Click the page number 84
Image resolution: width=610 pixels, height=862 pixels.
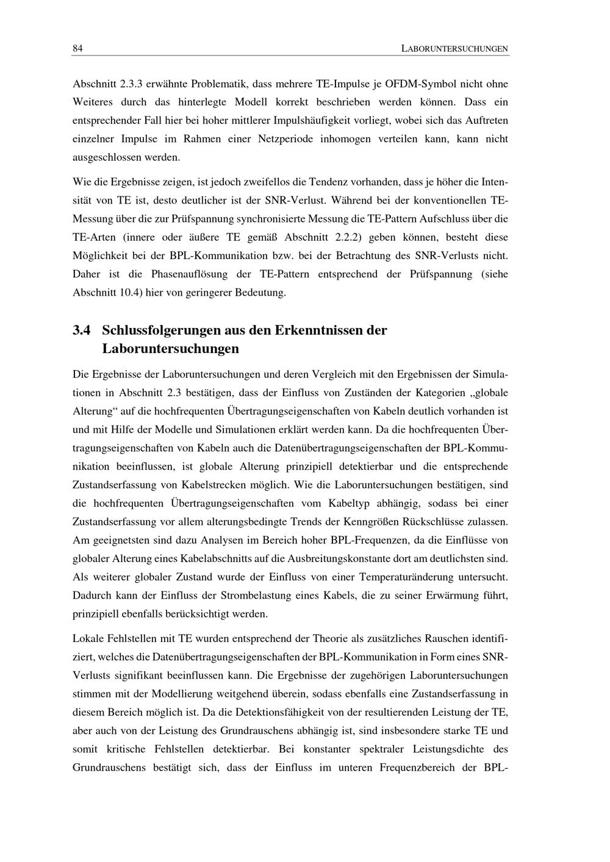click(x=77, y=49)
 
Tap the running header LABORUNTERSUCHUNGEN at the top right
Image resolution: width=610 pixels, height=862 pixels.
click(x=454, y=49)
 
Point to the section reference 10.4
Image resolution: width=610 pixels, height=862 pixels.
click(x=129, y=293)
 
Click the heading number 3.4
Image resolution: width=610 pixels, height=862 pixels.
click(x=82, y=331)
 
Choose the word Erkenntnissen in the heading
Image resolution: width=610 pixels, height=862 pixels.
click(x=317, y=331)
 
